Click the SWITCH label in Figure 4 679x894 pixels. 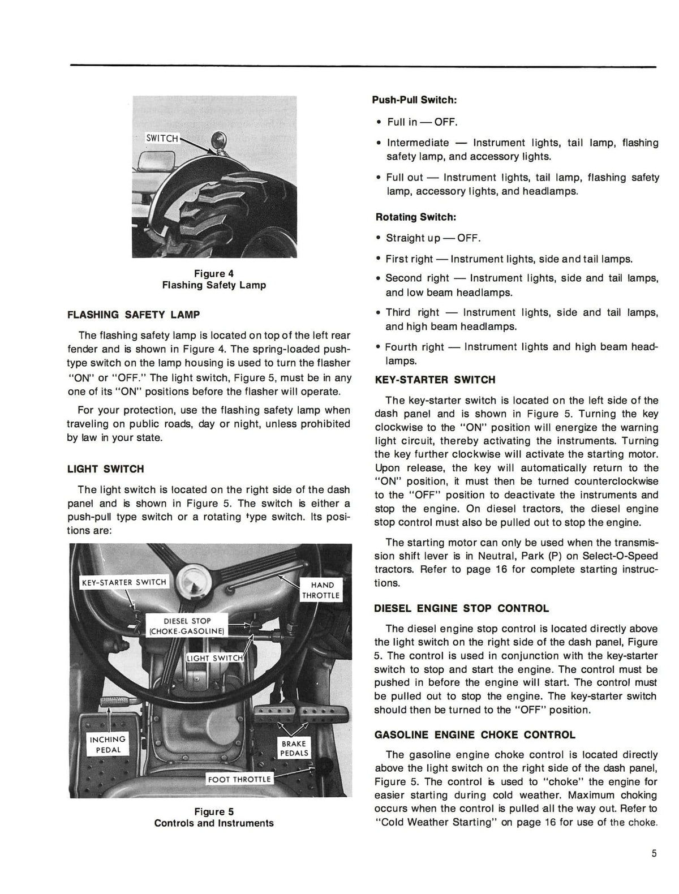point(162,138)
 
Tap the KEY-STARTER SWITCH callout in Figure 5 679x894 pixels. point(124,582)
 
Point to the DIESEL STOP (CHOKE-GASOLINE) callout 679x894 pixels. point(187,626)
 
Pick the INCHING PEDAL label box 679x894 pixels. point(108,745)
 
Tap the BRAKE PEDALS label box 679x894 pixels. point(294,748)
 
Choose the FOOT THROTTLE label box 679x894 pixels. point(239,779)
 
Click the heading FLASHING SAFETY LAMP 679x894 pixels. point(133,315)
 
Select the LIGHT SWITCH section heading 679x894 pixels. point(105,469)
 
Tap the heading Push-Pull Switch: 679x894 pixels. point(414,100)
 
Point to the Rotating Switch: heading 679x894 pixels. point(415,217)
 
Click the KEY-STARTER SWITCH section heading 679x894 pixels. point(435,380)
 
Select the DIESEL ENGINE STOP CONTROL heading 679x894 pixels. point(461,609)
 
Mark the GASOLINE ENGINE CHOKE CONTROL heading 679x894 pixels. point(475,735)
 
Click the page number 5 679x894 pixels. point(654,854)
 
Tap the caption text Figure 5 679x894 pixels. point(214,811)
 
